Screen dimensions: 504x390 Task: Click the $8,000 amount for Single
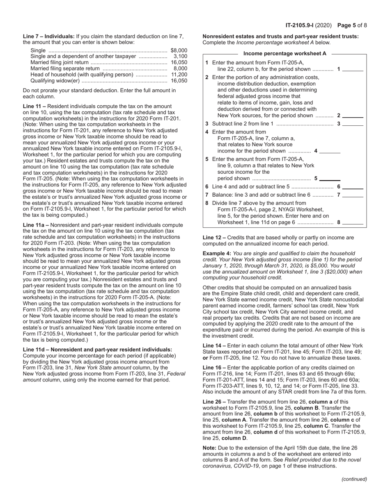point(179,50)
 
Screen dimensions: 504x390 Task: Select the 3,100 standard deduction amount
point(180,56)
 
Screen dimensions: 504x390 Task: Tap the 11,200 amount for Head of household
point(179,75)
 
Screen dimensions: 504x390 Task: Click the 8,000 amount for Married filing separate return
point(180,68)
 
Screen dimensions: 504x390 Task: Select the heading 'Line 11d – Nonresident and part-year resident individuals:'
point(97,350)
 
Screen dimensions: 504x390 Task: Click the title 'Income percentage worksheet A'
point(284,54)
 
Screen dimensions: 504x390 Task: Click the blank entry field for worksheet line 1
point(353,69)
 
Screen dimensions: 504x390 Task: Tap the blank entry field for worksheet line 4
point(330,151)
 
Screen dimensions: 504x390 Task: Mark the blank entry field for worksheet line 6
point(353,187)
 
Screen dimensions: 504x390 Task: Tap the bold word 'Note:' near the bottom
point(210,448)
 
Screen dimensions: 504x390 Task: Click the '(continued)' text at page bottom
point(354,479)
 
